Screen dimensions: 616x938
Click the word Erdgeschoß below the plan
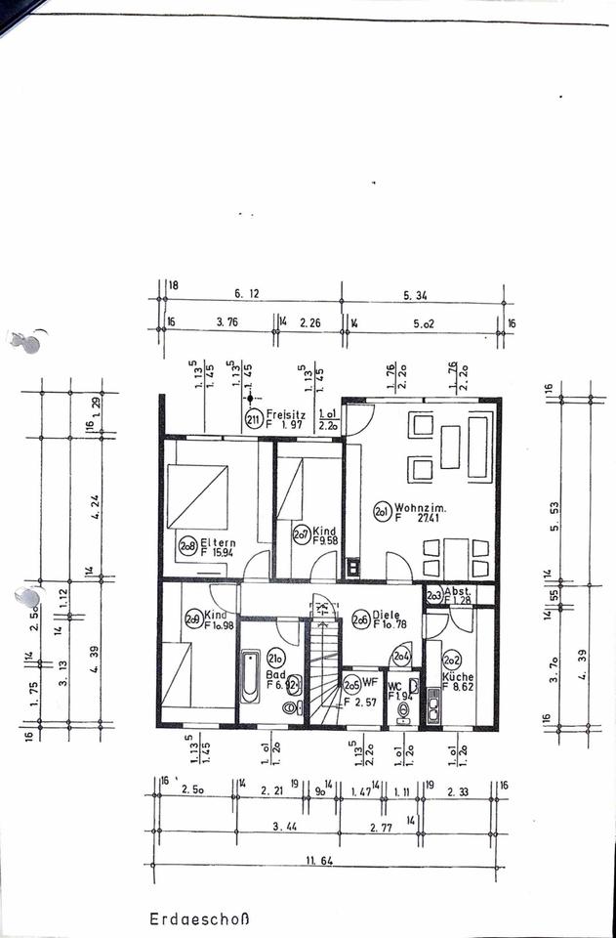tap(200, 918)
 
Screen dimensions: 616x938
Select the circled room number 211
tap(253, 421)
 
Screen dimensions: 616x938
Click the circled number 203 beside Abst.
tap(433, 594)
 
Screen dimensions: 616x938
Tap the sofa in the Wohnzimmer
tap(479, 447)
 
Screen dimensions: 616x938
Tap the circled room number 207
tap(302, 534)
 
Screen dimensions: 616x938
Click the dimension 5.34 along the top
tap(425, 292)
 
